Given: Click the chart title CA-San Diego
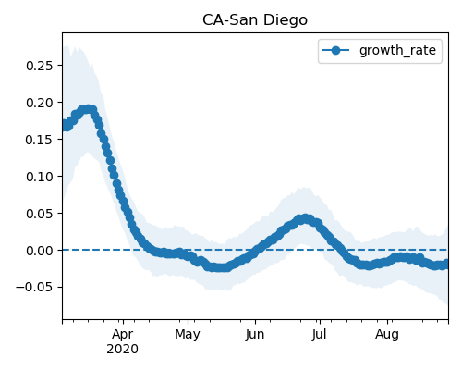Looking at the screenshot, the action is (255, 20).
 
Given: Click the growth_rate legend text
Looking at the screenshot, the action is (397, 50).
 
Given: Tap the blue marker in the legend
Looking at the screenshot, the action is (335, 50).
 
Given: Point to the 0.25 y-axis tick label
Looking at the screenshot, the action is (40, 66).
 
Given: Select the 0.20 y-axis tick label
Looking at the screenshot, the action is (40, 103).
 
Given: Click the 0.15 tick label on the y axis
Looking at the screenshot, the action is (40, 140).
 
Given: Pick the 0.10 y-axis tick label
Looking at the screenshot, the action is (40, 177).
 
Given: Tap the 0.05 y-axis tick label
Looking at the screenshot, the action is (40, 214).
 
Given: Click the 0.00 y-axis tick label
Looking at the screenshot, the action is (40, 251).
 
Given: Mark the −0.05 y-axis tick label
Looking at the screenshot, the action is (35, 288).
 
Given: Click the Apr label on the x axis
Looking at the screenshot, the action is (123, 334).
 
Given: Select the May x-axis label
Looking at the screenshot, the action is (188, 334).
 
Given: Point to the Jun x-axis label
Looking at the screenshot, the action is (255, 334).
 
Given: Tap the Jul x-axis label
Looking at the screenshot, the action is (320, 334).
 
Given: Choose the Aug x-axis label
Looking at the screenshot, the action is (387, 334).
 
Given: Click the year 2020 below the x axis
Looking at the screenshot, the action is (123, 350).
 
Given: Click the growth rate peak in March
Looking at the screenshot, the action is (89, 109).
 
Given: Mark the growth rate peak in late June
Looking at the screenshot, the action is (305, 218).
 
